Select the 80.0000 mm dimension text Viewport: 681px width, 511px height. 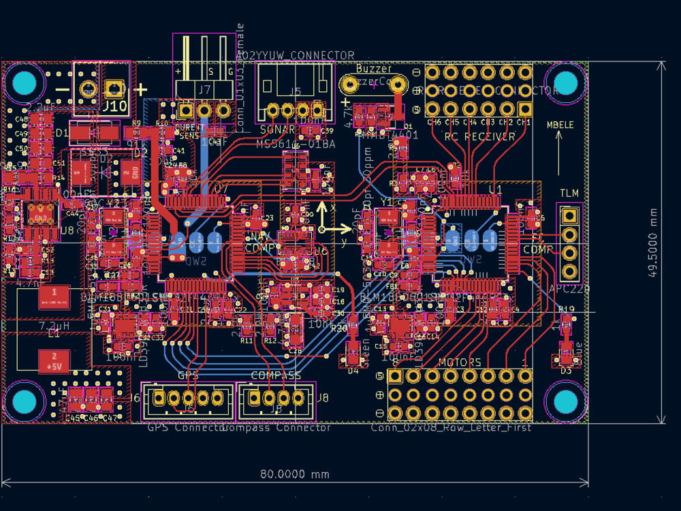coord(294,474)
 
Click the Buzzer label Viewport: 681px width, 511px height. coord(374,69)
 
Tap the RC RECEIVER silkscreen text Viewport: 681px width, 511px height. coord(479,137)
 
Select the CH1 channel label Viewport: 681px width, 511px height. coord(523,123)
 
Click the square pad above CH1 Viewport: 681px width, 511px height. coord(525,109)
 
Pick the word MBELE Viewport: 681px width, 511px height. coord(560,125)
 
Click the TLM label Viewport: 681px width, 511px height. coord(569,193)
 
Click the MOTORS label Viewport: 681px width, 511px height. coord(460,362)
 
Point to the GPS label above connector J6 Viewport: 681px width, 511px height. coord(188,375)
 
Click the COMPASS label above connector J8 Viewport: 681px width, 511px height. coord(276,375)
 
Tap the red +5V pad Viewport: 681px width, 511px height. coord(53,361)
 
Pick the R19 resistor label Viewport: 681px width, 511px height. coord(566,309)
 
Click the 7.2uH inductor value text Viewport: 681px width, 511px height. coord(52,326)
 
